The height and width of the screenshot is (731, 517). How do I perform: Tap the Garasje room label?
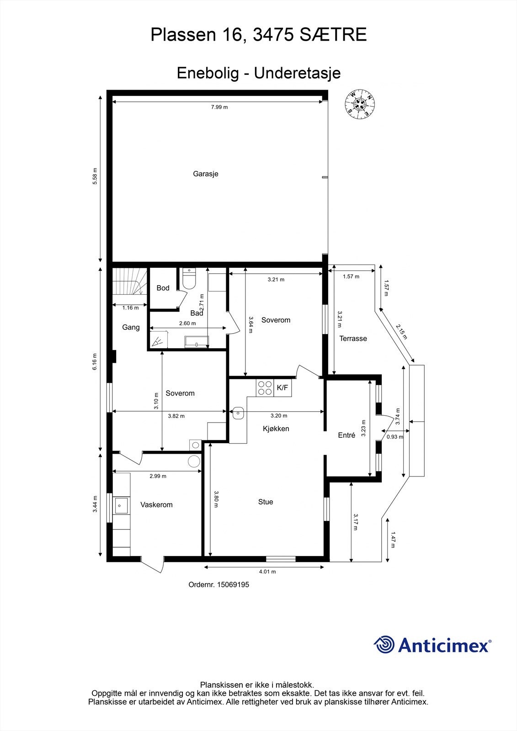[x=205, y=174]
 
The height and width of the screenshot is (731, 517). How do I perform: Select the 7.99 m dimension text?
[x=219, y=107]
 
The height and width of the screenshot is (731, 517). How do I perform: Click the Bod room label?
[x=163, y=288]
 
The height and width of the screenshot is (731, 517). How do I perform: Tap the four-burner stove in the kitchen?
[x=265, y=388]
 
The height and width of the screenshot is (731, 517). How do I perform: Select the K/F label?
[x=282, y=388]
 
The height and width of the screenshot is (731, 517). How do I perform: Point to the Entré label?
[x=346, y=435]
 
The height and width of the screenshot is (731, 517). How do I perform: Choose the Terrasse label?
[x=353, y=339]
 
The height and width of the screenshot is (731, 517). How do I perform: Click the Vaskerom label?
[x=156, y=505]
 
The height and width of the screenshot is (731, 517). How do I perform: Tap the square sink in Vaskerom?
[x=122, y=505]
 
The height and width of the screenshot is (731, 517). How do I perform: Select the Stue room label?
[x=266, y=502]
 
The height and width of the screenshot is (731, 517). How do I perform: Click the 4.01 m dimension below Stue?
[x=267, y=572]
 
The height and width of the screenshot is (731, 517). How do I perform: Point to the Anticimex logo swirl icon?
[x=384, y=645]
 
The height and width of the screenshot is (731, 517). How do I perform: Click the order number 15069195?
[x=233, y=584]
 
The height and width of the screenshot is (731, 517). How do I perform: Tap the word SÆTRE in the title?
[x=333, y=35]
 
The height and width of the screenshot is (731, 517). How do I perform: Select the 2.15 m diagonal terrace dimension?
[x=401, y=332]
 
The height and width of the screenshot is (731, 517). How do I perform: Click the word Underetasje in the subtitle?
[x=297, y=73]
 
